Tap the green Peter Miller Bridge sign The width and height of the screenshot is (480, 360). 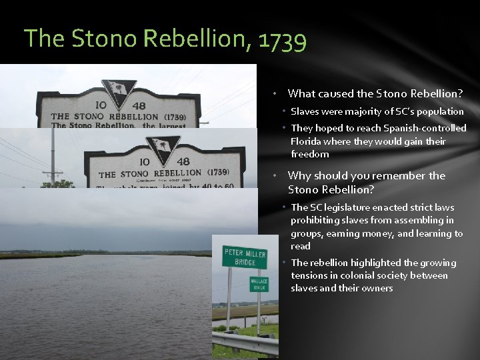(x=245, y=257)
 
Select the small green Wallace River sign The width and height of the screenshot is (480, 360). (x=259, y=284)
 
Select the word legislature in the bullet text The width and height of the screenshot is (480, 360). (x=358, y=207)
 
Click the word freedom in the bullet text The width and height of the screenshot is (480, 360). (x=309, y=154)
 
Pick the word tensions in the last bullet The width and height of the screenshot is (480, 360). (x=310, y=275)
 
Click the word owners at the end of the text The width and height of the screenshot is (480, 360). (x=376, y=288)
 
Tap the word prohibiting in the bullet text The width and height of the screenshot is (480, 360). (x=316, y=220)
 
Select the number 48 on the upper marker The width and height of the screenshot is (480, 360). (x=139, y=105)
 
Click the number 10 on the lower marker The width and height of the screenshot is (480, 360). (x=143, y=161)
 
